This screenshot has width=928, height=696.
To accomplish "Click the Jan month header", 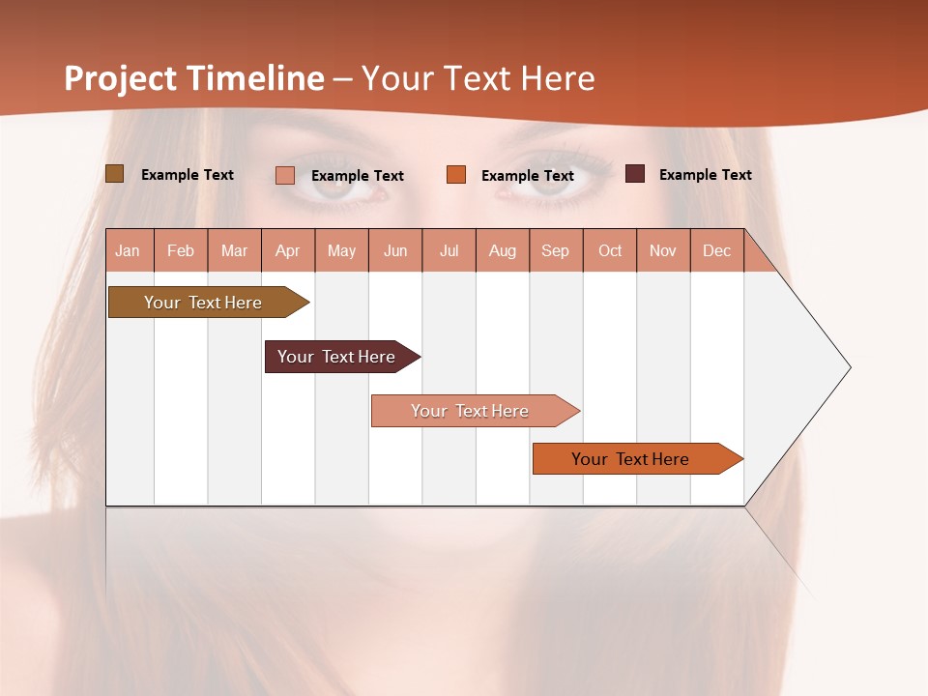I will coord(129,251).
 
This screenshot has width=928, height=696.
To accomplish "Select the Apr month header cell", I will coord(288,251).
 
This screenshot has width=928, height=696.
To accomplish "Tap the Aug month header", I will coord(503,251).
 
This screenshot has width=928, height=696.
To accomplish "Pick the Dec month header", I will coord(716,251).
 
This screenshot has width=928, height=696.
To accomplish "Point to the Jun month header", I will coord(395,251).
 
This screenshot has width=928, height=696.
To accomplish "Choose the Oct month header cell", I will coord(610,251).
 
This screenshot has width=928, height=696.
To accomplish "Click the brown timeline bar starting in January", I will coord(203,303).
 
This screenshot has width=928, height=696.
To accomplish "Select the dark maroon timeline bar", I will coord(336,357).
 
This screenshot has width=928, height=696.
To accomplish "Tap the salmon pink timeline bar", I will coord(470,411).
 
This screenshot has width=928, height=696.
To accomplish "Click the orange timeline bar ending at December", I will coord(630,459).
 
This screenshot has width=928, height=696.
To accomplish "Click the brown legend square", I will coord(114,174).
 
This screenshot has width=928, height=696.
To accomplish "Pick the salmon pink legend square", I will coord(285,175).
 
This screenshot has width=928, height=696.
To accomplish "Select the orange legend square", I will coord(456,175).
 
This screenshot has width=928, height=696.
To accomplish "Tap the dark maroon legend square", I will coord(635,174).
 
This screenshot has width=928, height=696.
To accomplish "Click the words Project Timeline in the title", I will coord(193,78).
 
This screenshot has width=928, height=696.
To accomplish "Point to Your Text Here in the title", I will coord(478,78).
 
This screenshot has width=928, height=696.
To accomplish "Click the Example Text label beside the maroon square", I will coord(705,175).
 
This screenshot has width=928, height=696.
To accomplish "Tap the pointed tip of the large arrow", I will coord(848,367).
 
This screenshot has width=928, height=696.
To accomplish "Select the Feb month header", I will coord(181,251).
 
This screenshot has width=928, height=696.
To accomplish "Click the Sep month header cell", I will coord(556,251).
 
